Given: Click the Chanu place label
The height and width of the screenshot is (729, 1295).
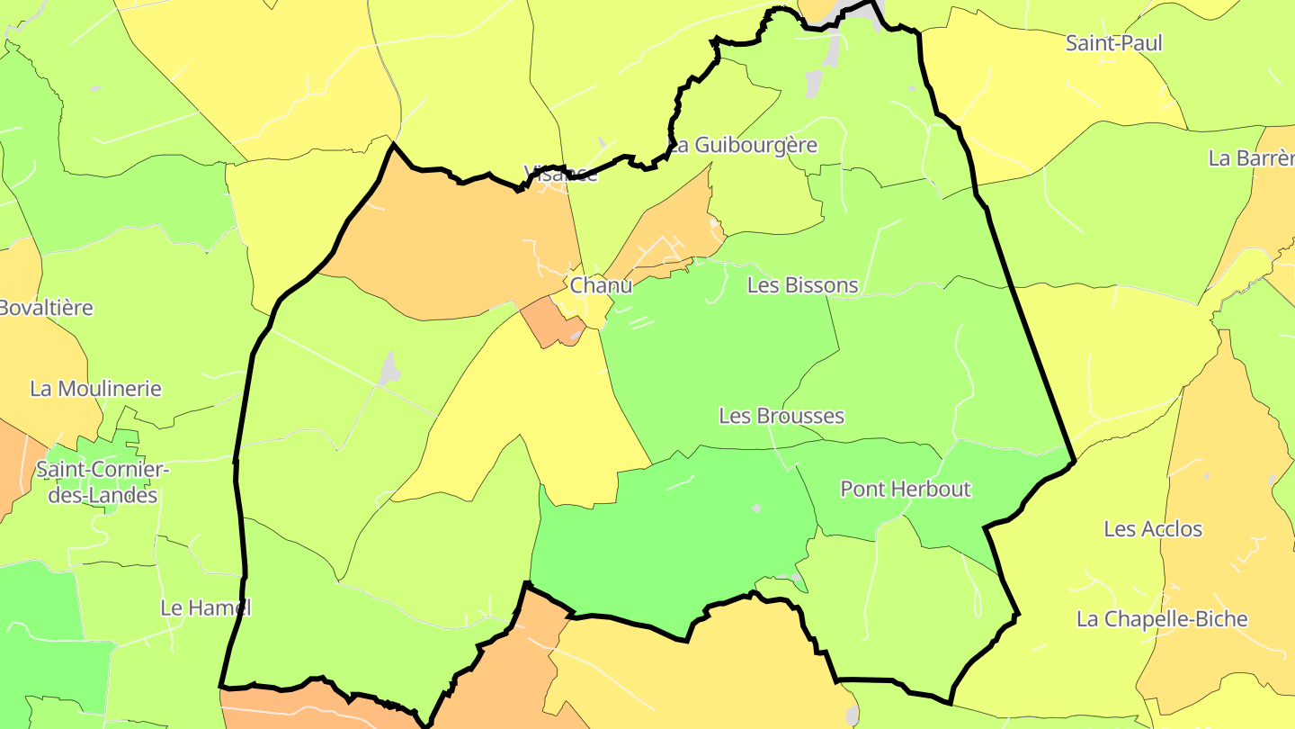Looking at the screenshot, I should pyautogui.click(x=601, y=285).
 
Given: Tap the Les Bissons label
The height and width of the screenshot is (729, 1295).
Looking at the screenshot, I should pyautogui.click(x=802, y=285).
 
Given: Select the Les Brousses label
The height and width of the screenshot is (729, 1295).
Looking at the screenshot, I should pyautogui.click(x=781, y=416).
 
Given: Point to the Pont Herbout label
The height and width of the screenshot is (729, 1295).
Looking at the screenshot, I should pyautogui.click(x=905, y=489).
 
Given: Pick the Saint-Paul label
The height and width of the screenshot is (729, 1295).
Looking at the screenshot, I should pyautogui.click(x=1113, y=42).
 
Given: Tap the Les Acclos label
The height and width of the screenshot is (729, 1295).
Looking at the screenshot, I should pyautogui.click(x=1152, y=528).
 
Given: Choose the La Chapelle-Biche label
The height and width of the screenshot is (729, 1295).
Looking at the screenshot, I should pyautogui.click(x=1162, y=619).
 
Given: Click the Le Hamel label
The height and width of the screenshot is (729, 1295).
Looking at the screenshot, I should pyautogui.click(x=204, y=607).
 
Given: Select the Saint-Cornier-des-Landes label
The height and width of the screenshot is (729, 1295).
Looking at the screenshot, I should pyautogui.click(x=102, y=482).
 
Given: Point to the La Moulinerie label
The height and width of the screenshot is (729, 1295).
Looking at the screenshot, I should pyautogui.click(x=95, y=389).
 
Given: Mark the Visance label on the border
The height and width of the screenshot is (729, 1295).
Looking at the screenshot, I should pyautogui.click(x=560, y=174).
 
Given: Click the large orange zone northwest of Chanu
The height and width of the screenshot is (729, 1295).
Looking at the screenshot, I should pyautogui.click(x=450, y=243).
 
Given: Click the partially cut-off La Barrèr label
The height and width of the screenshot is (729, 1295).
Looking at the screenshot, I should pyautogui.click(x=1250, y=158).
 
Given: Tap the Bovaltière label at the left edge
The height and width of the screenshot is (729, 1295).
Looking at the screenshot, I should pyautogui.click(x=45, y=308).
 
